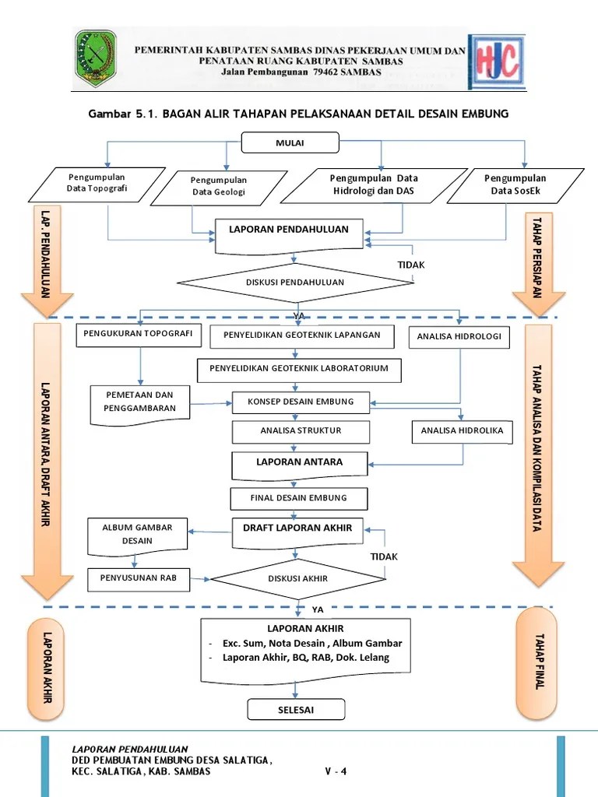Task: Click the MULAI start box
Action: tap(290, 142)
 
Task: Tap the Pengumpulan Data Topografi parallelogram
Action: tap(97, 183)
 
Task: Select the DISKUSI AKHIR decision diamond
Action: tap(297, 578)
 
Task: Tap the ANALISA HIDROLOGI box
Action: tap(460, 337)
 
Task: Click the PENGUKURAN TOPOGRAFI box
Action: tap(139, 335)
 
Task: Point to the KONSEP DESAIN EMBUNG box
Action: tap(301, 402)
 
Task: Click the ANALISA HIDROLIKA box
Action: tap(462, 430)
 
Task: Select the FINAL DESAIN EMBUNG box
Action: tap(298, 498)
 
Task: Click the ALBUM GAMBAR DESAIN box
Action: tap(136, 534)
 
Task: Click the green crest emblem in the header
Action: tap(95, 58)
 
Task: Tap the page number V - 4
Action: tap(336, 772)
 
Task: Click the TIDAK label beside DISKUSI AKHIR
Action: tap(383, 556)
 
